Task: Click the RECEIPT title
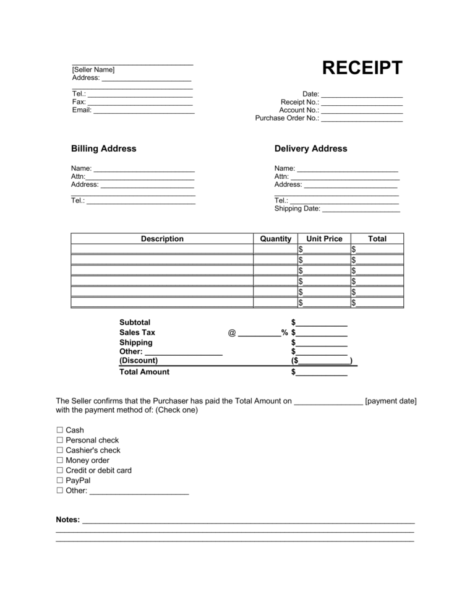tap(362, 68)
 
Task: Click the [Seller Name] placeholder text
tap(93, 70)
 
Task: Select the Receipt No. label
tap(299, 102)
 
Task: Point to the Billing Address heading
tap(104, 148)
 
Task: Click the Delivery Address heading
tap(310, 148)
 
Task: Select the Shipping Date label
tap(297, 209)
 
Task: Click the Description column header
tap(162, 239)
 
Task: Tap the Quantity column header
tap(275, 239)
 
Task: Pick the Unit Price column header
tap(324, 239)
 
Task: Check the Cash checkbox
tap(60, 430)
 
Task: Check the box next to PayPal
tap(60, 480)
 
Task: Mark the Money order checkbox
tap(60, 460)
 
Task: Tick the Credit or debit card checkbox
tap(60, 470)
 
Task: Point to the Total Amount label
tap(144, 372)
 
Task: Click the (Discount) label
tap(139, 360)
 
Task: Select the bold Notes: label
tap(67, 520)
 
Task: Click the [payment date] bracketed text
tap(391, 401)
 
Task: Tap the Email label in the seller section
tap(82, 110)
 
